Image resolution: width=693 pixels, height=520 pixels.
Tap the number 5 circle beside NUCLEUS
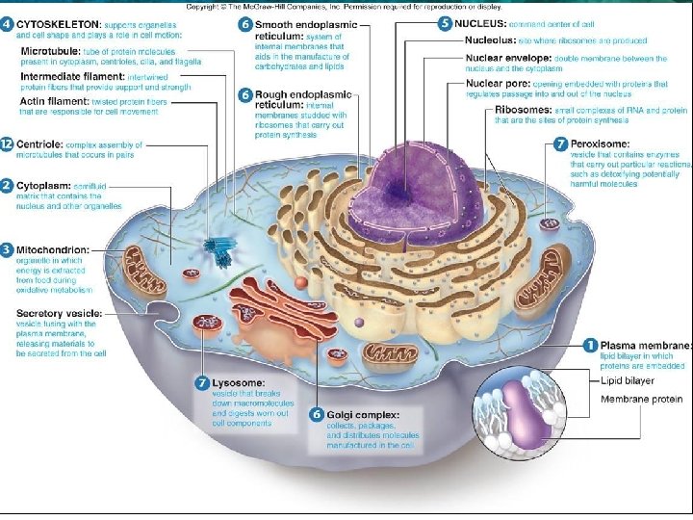tap(444, 22)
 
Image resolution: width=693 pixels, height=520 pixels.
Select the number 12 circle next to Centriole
tap(7, 143)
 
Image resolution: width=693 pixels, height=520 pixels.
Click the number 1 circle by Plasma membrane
tap(589, 345)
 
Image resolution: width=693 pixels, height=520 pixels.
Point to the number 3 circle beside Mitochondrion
tap(7, 250)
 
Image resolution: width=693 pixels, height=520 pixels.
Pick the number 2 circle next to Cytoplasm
tap(7, 185)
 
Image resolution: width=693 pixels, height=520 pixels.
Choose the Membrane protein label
tap(641, 399)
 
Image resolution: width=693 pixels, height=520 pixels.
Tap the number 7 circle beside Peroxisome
tap(561, 143)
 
